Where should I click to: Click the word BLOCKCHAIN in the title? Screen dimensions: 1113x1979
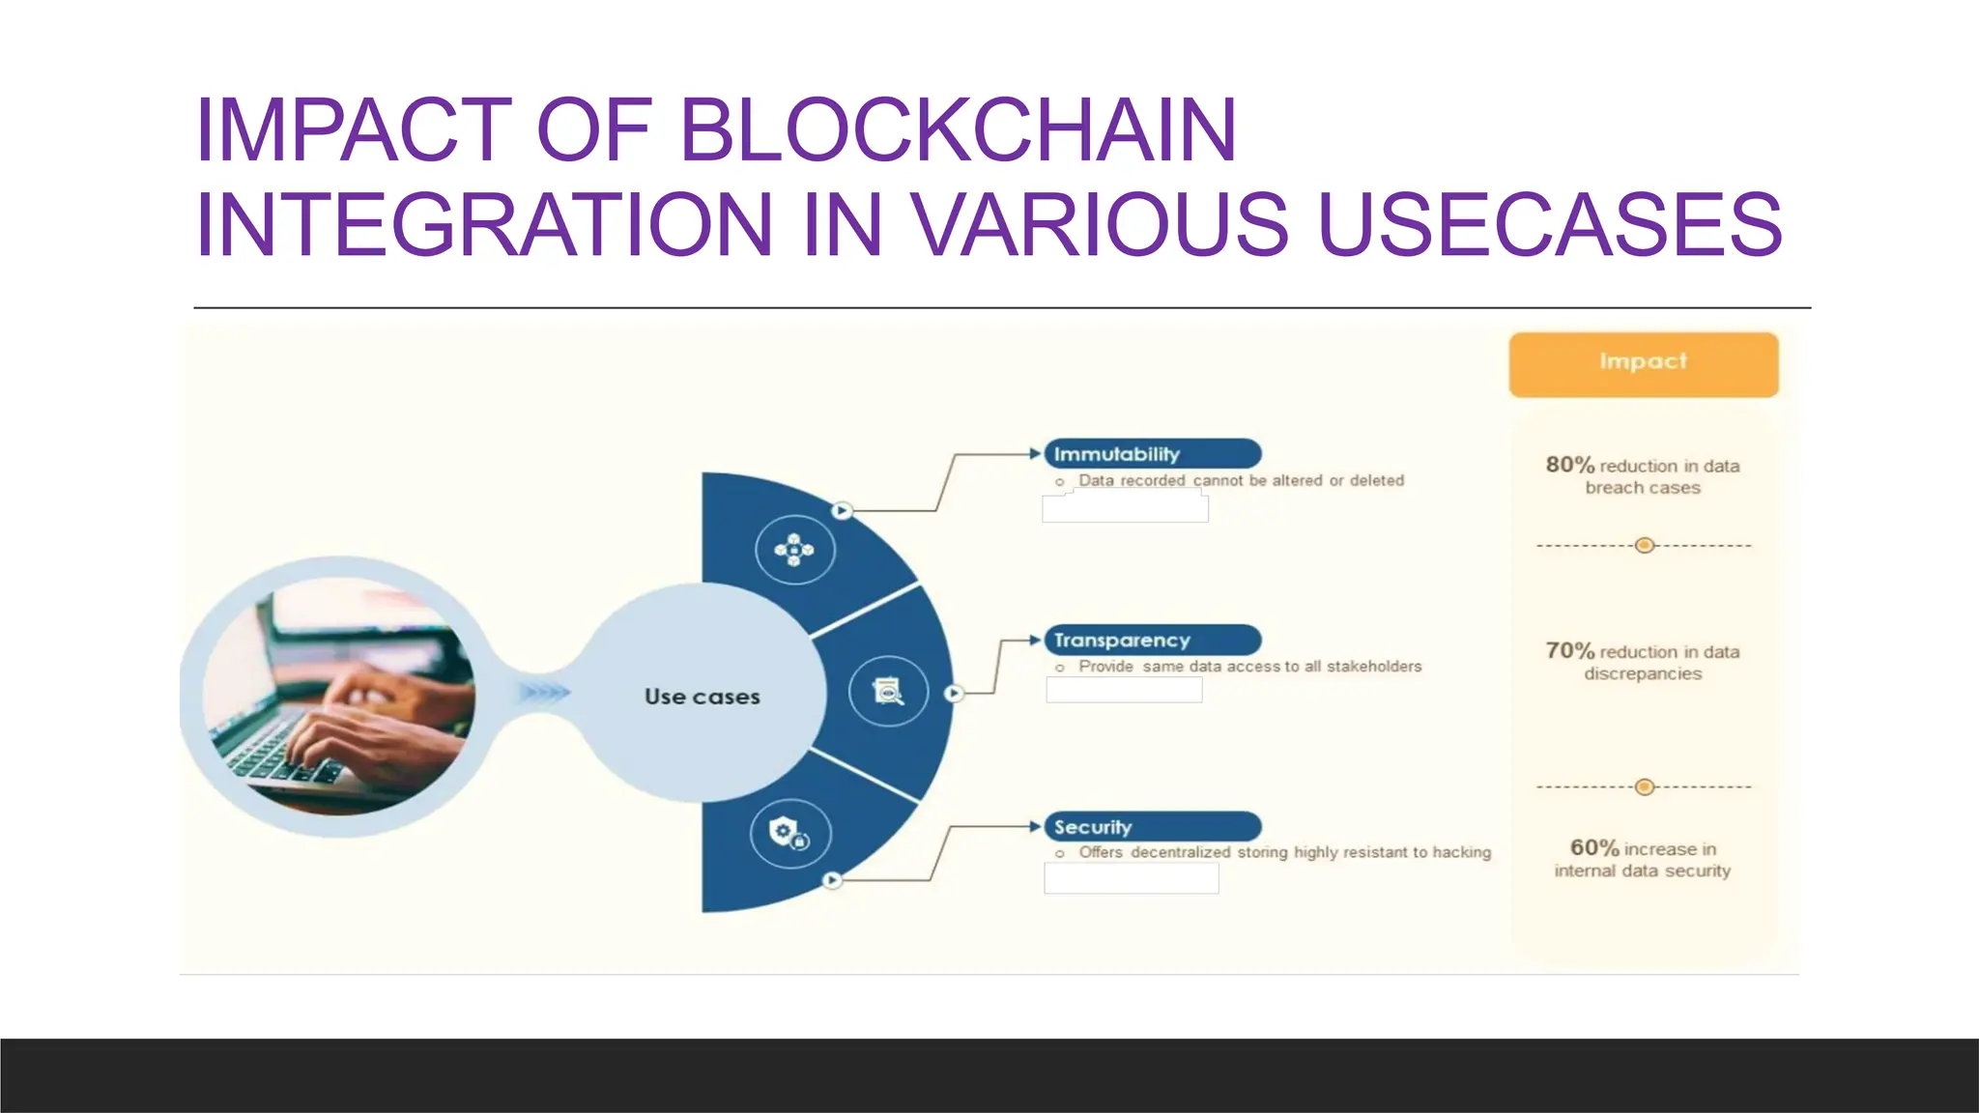tap(958, 129)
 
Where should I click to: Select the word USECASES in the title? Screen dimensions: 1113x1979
tap(1550, 224)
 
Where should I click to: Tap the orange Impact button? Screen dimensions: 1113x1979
tap(1643, 363)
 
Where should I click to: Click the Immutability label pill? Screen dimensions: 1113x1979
tap(1152, 454)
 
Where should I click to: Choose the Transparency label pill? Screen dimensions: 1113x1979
tap(1152, 640)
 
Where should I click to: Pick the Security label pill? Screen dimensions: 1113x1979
tap(1152, 827)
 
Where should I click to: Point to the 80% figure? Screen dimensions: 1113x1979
tap(1569, 465)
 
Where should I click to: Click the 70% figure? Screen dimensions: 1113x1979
tap(1569, 651)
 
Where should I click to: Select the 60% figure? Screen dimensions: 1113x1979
tap(1593, 848)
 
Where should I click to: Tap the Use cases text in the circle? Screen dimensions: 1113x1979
tap(703, 697)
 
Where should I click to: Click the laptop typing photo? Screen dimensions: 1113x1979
tap(338, 696)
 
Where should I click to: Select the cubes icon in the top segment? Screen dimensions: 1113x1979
tap(794, 550)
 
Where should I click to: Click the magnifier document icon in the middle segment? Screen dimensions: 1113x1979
tap(888, 692)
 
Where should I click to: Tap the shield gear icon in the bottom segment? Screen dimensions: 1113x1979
tap(789, 833)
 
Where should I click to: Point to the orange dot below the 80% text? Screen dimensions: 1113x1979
tap(1645, 546)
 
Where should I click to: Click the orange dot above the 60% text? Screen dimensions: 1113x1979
tap(1645, 787)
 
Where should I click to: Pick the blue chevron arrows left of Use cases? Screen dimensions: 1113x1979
tap(546, 693)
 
